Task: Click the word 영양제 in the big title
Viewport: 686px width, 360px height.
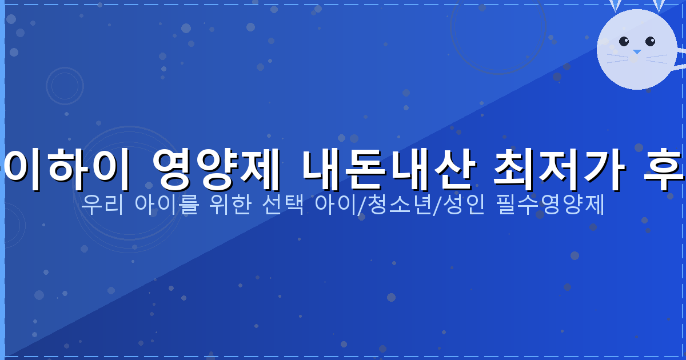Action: click(216, 170)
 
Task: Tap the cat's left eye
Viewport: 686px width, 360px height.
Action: click(624, 41)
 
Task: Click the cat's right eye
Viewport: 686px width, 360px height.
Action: click(650, 41)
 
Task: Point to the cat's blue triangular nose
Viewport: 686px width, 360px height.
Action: click(637, 52)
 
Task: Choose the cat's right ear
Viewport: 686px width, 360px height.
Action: click(659, 5)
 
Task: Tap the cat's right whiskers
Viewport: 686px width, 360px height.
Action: click(657, 57)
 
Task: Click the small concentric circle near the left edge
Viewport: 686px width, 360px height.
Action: click(65, 86)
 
